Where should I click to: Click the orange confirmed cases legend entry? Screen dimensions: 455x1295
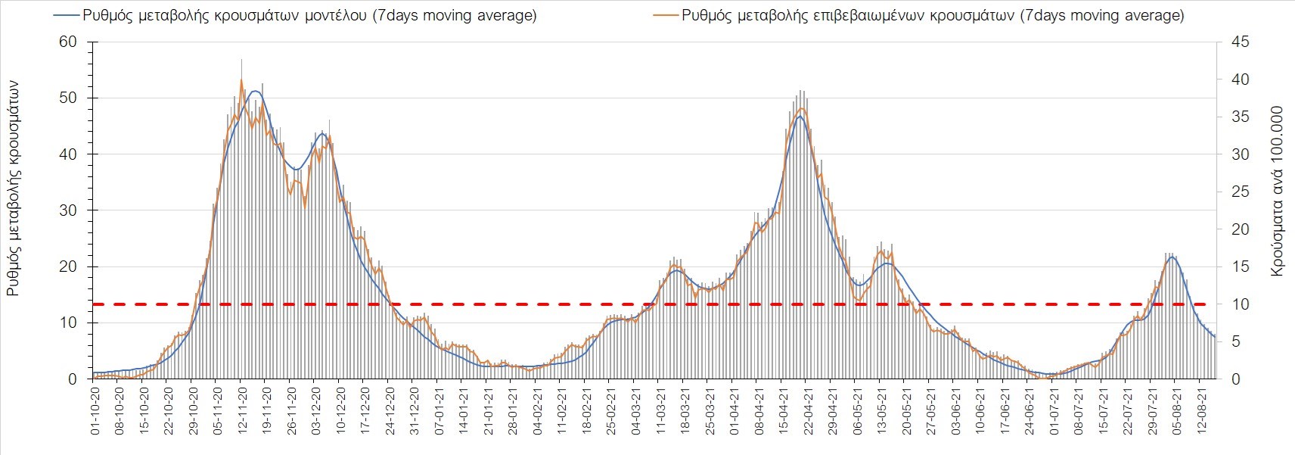(920, 15)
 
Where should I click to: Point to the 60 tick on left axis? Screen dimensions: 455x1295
(68, 42)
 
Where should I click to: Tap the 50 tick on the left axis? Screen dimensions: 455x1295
(68, 98)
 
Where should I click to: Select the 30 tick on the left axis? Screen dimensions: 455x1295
(68, 210)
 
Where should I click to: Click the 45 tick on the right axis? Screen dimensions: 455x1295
(1240, 42)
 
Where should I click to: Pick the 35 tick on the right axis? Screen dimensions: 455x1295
(1240, 117)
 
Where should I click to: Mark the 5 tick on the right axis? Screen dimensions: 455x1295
(1236, 341)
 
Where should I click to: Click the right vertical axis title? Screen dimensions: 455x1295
(1278, 191)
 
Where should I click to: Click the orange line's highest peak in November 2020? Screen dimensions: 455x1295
(241, 79)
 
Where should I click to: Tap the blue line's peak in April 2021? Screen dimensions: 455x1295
(800, 116)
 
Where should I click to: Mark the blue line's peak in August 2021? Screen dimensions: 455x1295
(1172, 257)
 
